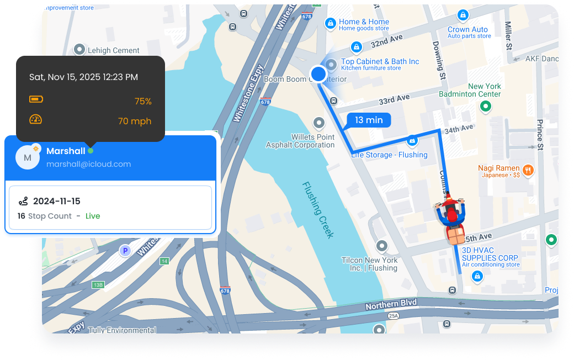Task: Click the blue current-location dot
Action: (318, 73)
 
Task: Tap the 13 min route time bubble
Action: (368, 120)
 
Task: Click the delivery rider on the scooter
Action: (451, 217)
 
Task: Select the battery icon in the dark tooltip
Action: (36, 99)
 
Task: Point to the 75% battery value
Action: (143, 102)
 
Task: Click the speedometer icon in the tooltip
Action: (36, 119)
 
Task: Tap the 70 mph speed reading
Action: (135, 121)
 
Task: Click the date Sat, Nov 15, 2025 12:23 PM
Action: (83, 77)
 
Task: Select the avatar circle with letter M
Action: (27, 158)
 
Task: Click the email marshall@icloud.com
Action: (88, 164)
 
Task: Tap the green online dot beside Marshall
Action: (91, 151)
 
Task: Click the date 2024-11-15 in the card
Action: (57, 201)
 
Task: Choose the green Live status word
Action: (93, 216)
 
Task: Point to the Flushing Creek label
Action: (318, 210)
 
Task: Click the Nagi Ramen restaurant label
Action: (499, 168)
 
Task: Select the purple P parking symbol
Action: (125, 251)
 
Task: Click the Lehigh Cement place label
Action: (114, 50)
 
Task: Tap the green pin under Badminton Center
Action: (485, 106)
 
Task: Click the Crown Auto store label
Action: (467, 29)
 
